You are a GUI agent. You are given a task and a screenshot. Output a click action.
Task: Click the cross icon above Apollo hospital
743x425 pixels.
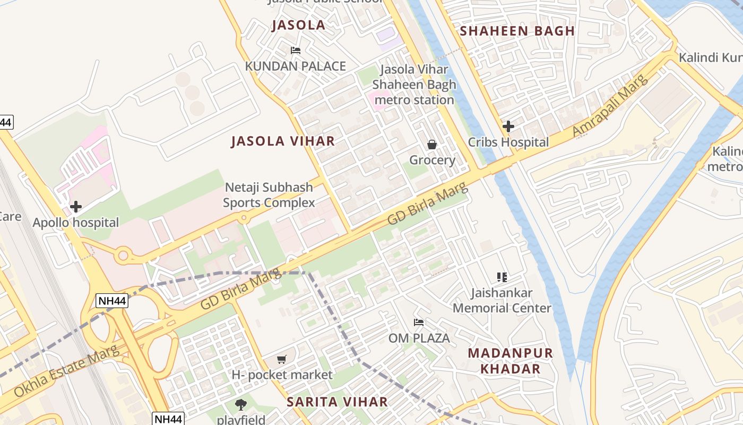(x=76, y=206)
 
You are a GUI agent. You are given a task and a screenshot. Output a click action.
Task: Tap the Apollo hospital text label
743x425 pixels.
(x=76, y=223)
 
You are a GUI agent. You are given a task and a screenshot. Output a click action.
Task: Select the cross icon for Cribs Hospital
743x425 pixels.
(x=508, y=126)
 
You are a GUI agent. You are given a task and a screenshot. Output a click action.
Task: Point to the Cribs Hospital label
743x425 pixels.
(x=508, y=142)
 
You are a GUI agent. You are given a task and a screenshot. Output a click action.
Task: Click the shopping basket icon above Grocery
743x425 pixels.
(x=432, y=144)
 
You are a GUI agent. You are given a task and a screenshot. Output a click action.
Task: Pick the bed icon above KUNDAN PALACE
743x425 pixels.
(x=296, y=50)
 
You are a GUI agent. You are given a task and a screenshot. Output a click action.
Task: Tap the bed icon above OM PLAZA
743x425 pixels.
(x=419, y=322)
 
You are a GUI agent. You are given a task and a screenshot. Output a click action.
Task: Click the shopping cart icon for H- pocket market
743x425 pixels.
(x=282, y=360)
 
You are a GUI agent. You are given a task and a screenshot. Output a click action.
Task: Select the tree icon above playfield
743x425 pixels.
(x=241, y=404)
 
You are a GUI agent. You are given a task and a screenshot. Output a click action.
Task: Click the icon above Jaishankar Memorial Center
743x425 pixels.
(x=502, y=277)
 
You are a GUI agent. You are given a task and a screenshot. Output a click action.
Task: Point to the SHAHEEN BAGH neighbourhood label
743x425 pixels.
(x=517, y=31)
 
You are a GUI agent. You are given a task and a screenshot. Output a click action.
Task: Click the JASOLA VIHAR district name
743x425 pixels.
(x=283, y=141)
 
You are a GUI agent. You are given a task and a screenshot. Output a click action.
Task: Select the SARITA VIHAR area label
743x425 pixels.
(x=337, y=402)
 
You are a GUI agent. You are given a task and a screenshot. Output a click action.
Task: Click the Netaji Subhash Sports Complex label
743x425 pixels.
(x=269, y=195)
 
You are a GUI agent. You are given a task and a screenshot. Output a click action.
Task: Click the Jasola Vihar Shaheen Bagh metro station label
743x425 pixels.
(x=413, y=84)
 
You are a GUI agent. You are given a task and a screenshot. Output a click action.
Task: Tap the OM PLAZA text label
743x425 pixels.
(x=419, y=338)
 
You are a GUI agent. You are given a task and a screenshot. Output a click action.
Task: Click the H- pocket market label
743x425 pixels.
(x=282, y=375)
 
